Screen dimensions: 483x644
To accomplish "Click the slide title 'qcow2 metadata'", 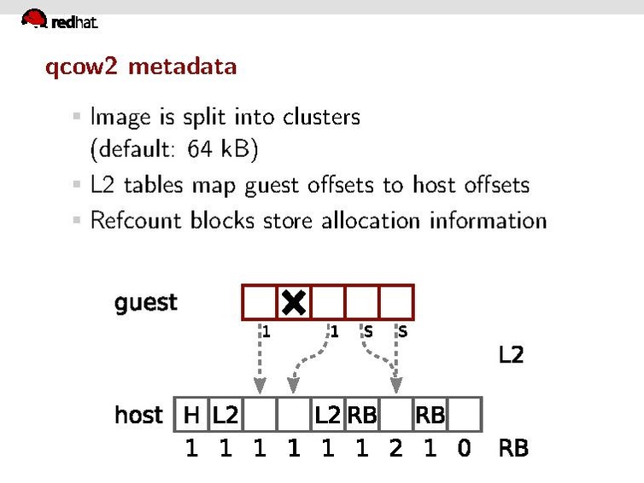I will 141,66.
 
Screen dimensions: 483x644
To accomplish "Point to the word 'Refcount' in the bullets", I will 137,220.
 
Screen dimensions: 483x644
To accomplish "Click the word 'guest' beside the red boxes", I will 146,302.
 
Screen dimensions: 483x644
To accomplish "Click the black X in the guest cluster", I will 294,302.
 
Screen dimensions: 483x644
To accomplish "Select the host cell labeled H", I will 191,415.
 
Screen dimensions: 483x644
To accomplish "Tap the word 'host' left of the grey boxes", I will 138,415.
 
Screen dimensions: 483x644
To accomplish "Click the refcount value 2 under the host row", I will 395,448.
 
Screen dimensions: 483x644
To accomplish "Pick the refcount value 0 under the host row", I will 464,448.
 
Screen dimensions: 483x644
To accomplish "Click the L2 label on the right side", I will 511,355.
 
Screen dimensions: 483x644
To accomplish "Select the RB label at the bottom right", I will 513,448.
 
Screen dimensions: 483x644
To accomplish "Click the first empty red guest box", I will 260,302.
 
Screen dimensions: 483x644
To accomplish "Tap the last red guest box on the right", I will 396,302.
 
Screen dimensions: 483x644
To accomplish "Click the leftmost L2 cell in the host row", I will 225,415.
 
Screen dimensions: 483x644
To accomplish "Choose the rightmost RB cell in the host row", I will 430,415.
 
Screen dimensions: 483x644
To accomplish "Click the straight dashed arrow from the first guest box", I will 260,358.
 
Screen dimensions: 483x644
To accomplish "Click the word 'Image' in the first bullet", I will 120,116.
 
